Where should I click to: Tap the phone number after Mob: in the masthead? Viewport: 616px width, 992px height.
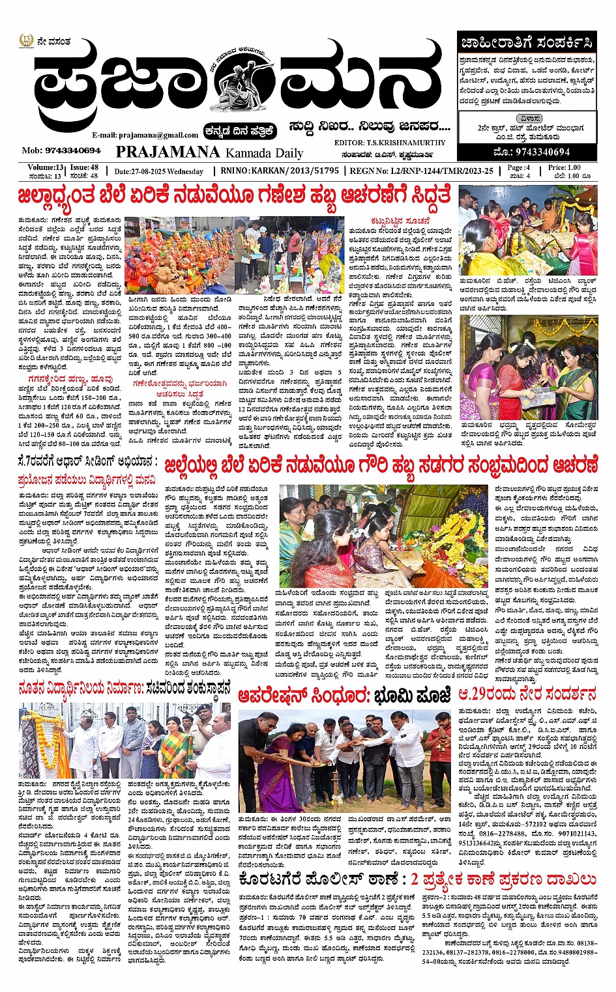pyautogui.click(x=72, y=150)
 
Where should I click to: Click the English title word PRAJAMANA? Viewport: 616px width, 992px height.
pyautogui.click(x=168, y=152)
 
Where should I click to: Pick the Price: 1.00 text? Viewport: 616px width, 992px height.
pyautogui.click(x=565, y=167)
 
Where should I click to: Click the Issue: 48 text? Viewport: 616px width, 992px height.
pyautogui.click(x=84, y=167)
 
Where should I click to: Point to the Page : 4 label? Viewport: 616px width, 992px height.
pyautogui.click(x=519, y=167)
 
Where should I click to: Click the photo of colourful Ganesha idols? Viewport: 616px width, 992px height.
pyautogui.click(x=178, y=255)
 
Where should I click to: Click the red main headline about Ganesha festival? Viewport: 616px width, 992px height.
pyautogui.click(x=235, y=195)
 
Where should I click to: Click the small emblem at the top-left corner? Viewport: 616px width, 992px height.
pyautogui.click(x=25, y=42)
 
